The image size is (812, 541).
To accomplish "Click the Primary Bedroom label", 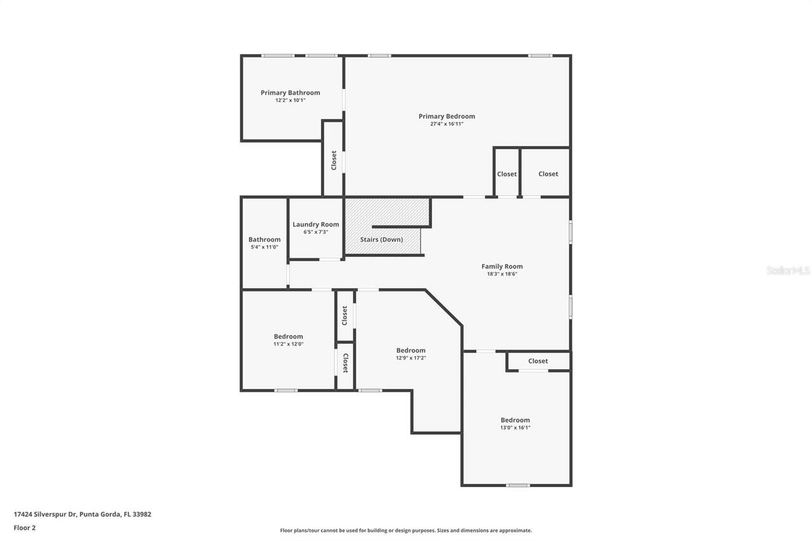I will point(447,116).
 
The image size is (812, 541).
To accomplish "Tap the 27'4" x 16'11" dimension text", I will point(447,124).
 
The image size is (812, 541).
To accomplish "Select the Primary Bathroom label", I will point(290,93).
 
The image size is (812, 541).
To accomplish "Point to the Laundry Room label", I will point(315,225).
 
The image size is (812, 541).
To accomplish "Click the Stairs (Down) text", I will point(381,240).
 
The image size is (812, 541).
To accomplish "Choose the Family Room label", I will point(502,266).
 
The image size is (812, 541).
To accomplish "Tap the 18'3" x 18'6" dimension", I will point(502,274).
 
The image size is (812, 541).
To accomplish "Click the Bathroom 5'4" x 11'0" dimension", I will point(264,247).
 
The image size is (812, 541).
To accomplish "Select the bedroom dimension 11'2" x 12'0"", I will point(288,344).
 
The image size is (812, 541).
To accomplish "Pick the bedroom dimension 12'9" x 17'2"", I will point(410,358).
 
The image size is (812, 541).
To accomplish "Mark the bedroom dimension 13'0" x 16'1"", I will point(515,428).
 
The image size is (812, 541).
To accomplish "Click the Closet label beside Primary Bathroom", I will point(334,160).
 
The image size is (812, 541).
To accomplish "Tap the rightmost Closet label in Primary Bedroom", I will point(548,174).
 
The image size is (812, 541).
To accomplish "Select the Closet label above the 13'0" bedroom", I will point(538,361).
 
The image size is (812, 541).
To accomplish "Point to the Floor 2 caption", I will point(24,527).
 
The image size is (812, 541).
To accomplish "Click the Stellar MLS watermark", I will point(788,270).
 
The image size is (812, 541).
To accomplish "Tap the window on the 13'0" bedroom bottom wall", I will point(518,485).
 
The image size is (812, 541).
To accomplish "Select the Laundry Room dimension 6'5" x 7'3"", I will point(315,232).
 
